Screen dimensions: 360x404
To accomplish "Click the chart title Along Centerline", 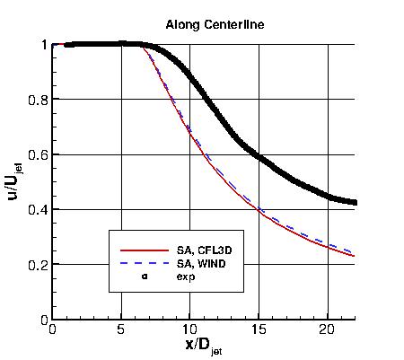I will pos(202,23).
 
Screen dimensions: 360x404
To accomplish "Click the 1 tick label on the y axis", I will pos(43,44).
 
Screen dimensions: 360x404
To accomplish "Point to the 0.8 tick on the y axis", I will pos(37,100).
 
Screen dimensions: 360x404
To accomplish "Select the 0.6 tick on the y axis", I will pos(37,154).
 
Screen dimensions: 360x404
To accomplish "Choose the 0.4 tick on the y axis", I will pos(37,209).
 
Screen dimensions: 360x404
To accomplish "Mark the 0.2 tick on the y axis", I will pos(37,265).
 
